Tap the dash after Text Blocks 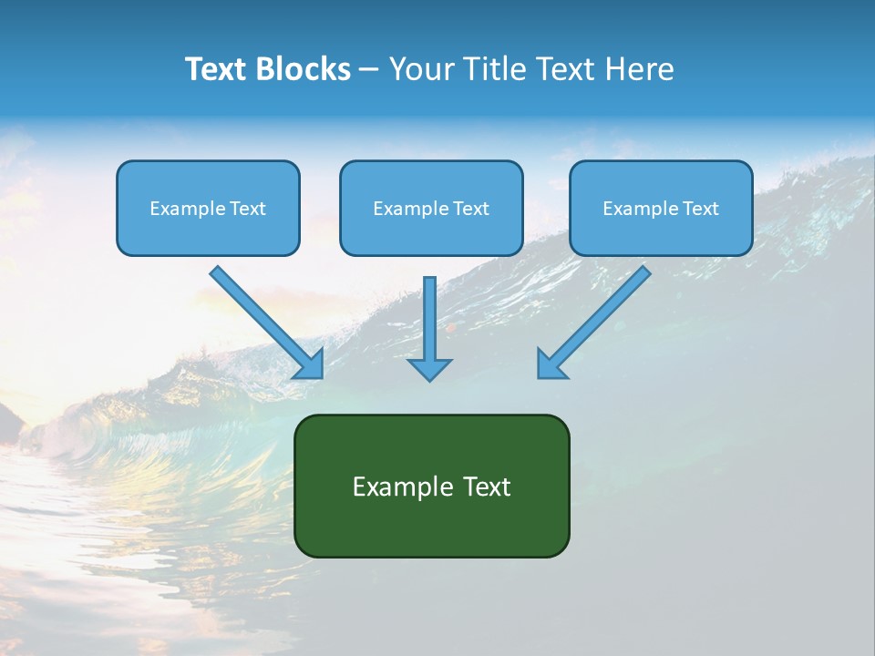pos(369,70)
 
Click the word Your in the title pos(421,69)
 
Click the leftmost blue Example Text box pos(208,208)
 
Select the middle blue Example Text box pos(431,208)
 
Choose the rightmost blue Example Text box pos(661,208)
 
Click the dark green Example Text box pos(431,486)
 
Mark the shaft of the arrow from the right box pos(602,314)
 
